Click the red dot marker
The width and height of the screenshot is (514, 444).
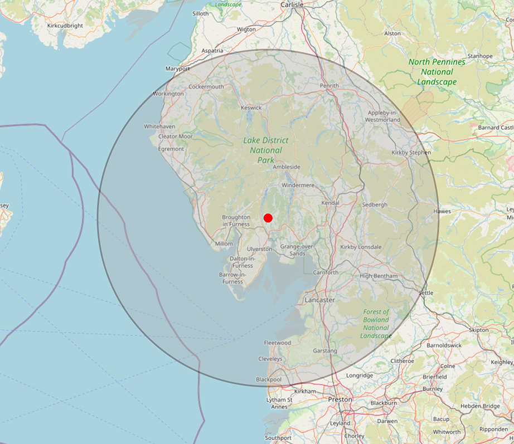268,218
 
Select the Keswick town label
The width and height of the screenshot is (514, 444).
251,107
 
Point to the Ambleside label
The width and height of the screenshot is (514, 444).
287,167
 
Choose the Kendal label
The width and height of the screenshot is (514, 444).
330,203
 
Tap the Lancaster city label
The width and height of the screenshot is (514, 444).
320,300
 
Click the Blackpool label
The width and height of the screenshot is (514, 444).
269,379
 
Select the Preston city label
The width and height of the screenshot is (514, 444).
340,399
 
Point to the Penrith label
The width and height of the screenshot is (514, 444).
329,86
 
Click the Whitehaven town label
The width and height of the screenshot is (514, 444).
159,126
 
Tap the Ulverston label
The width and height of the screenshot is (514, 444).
259,249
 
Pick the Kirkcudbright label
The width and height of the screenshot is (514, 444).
65,26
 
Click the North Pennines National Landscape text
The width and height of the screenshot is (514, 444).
437,72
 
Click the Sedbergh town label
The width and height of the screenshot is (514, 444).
375,204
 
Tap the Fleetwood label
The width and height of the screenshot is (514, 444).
277,343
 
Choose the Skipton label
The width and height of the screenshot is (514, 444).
478,330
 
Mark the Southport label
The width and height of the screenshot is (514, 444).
278,437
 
